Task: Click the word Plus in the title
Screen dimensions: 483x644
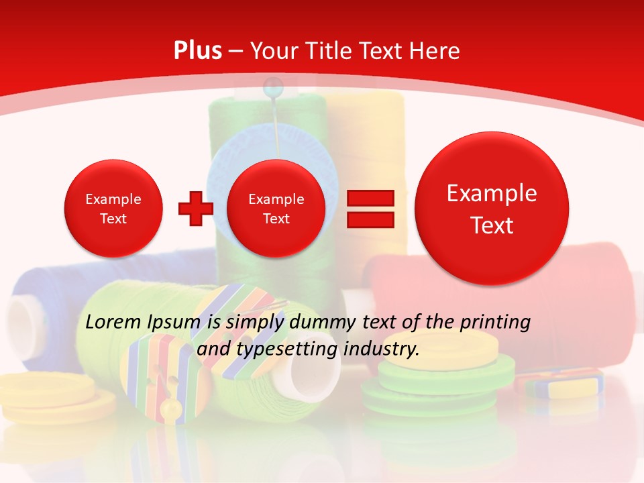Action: [197, 51]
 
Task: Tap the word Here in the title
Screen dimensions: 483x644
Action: [434, 51]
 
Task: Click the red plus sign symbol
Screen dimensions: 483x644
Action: [195, 208]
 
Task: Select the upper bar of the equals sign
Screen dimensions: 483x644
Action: [370, 198]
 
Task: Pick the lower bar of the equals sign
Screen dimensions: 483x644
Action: [370, 220]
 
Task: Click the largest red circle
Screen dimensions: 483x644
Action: [492, 208]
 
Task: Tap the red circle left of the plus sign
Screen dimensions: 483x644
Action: [113, 208]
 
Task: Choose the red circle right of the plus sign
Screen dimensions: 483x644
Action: [276, 208]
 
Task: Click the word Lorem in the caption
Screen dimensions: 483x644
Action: [113, 323]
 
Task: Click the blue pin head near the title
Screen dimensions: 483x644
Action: [272, 85]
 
